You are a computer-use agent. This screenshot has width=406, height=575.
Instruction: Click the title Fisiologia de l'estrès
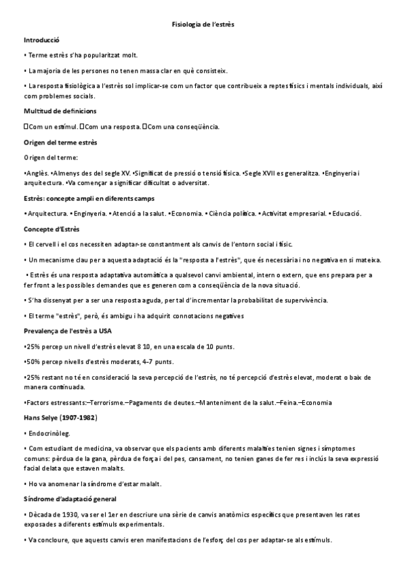point(203,24)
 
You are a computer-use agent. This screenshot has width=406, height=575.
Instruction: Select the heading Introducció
point(42,40)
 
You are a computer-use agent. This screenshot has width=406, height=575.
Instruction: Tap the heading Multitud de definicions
point(60,111)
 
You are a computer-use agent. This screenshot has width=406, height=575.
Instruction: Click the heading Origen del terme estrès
point(60,142)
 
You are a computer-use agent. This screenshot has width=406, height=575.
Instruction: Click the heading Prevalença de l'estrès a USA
point(68,331)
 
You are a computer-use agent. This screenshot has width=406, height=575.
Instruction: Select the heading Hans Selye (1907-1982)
point(60,418)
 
